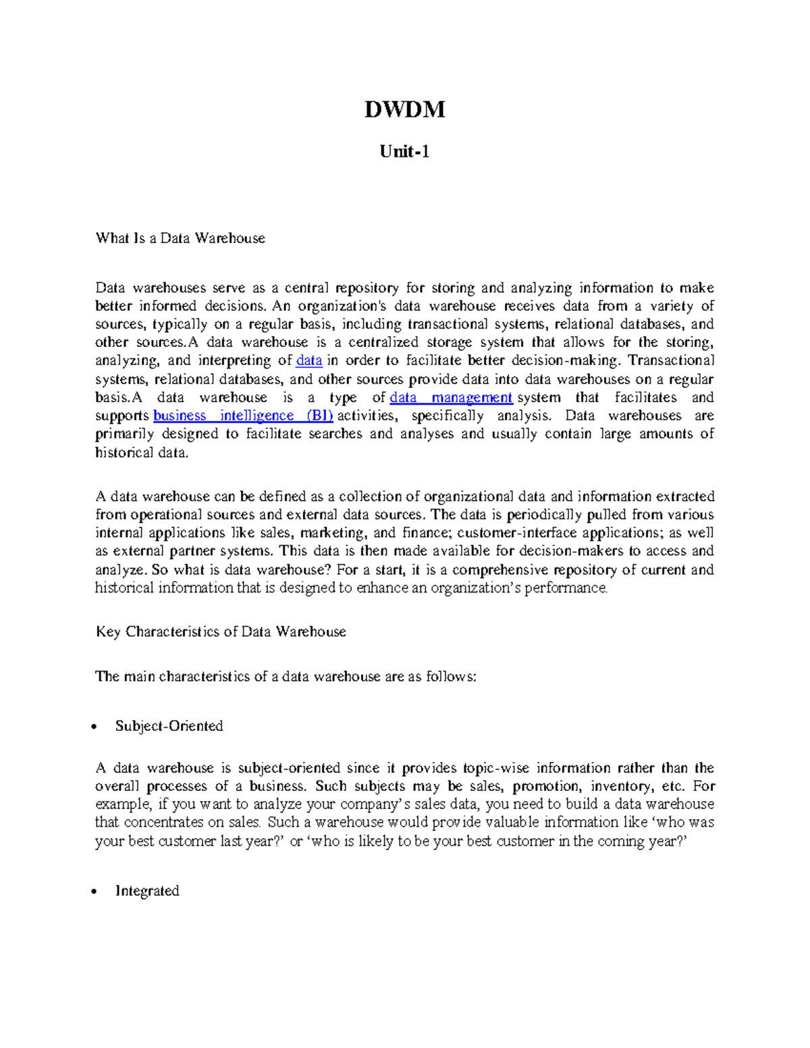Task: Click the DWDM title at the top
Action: (404, 109)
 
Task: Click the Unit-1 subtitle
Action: (404, 152)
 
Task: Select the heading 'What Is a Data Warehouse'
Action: (180, 238)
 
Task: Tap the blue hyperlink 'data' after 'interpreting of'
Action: (309, 361)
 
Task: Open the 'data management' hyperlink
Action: (451, 397)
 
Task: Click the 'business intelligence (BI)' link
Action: (243, 416)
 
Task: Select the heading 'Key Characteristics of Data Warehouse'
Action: (221, 632)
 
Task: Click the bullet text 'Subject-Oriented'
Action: (169, 726)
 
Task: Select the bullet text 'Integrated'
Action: (147, 891)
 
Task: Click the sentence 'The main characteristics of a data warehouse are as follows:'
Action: (286, 676)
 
